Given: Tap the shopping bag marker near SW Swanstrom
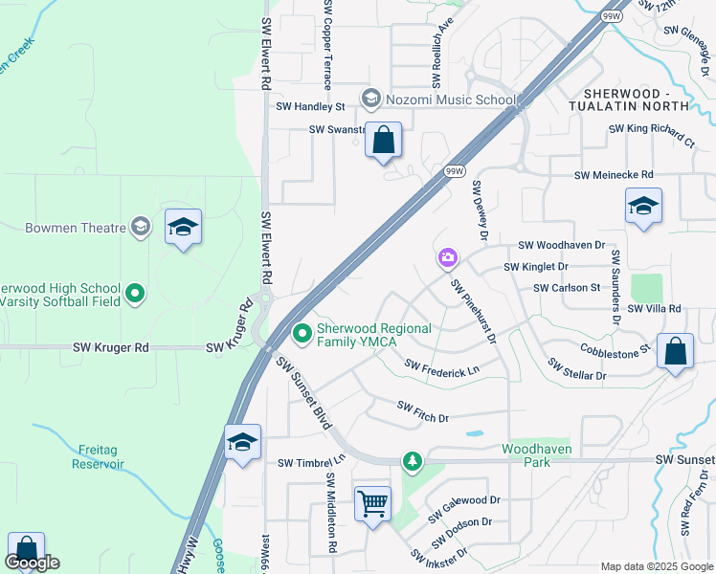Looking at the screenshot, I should click(x=383, y=141).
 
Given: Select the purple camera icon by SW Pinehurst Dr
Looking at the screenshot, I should click(x=447, y=257).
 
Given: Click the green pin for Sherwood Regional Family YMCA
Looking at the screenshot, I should click(x=302, y=334).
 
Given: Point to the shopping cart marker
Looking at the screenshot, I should click(x=371, y=502).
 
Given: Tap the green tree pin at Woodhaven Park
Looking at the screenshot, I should click(x=412, y=462).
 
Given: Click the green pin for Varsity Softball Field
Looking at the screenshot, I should click(x=135, y=294).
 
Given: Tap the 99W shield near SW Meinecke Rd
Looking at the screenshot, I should click(x=455, y=170).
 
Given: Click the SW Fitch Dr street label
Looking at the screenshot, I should click(x=423, y=411).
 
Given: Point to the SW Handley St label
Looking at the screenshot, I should click(x=310, y=108).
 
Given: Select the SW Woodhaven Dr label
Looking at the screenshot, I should click(x=561, y=246).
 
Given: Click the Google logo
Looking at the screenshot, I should click(x=33, y=562).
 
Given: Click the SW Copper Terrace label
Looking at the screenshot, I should click(x=327, y=44).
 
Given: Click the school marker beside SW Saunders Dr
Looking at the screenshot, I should click(x=643, y=207).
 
